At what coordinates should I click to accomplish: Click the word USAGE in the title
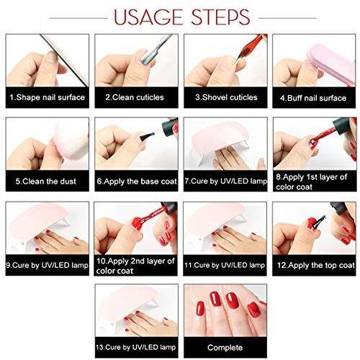(x=148, y=17)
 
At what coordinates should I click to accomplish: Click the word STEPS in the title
(x=220, y=17)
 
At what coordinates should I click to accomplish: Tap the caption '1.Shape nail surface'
(x=48, y=97)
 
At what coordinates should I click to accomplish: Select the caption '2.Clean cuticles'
(x=135, y=97)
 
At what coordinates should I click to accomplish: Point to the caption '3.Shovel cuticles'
(x=226, y=97)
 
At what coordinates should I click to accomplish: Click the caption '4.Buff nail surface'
(x=313, y=98)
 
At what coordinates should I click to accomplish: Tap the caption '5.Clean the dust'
(x=46, y=181)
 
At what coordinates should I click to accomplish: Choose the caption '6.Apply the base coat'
(x=137, y=181)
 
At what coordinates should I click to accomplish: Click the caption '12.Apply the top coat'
(x=316, y=265)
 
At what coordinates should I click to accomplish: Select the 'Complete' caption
(x=225, y=348)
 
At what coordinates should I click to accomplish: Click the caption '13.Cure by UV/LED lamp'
(x=136, y=347)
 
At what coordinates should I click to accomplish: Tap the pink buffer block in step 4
(x=332, y=63)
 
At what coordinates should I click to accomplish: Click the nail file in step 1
(x=64, y=60)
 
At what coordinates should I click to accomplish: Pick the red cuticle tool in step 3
(x=250, y=48)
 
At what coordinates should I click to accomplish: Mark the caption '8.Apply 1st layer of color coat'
(x=312, y=181)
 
